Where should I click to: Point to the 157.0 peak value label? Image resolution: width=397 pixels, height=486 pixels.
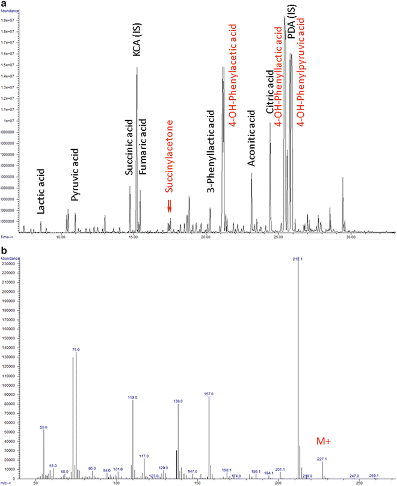coord(209,395)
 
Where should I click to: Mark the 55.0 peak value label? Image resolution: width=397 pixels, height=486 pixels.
coord(43,428)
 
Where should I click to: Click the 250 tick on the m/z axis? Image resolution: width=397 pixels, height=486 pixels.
coord(359,482)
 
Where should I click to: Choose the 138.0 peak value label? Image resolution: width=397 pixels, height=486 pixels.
coord(178,400)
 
